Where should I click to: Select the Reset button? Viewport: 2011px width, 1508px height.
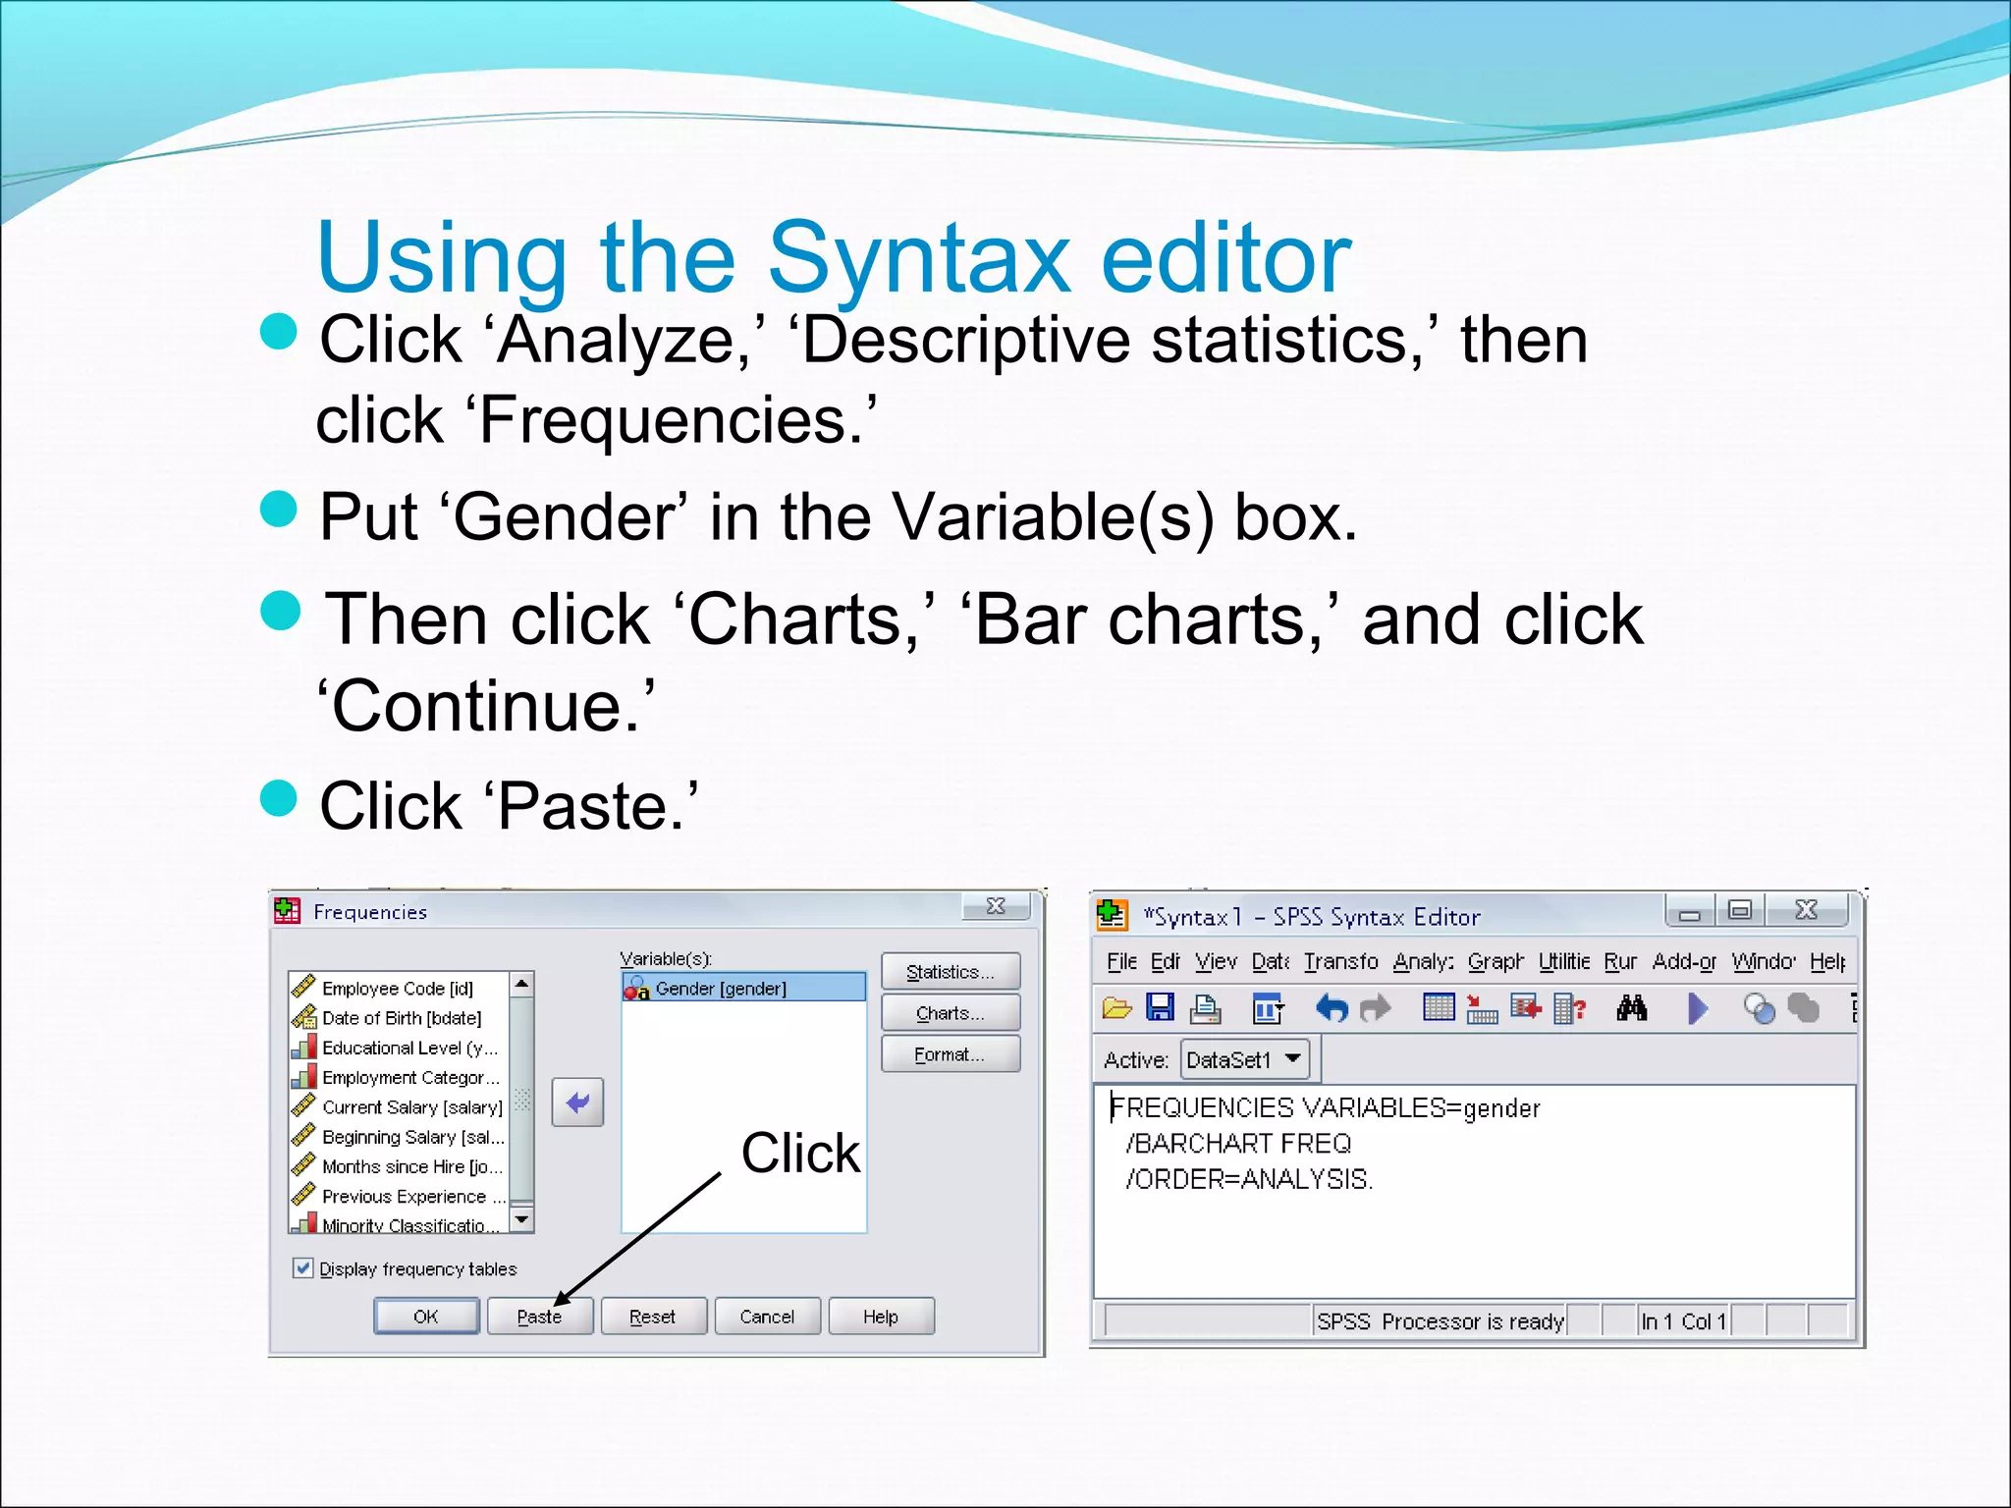click(653, 1317)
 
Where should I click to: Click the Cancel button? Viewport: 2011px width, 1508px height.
click(767, 1317)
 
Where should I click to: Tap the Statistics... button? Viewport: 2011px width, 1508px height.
click(950, 972)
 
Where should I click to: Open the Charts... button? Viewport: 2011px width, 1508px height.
click(950, 1013)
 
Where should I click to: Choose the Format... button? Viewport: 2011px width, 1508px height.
click(950, 1054)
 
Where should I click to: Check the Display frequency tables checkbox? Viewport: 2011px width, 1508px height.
click(303, 1267)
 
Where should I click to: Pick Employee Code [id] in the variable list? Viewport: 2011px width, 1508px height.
click(398, 989)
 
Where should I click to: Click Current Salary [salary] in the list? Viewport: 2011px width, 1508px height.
click(411, 1107)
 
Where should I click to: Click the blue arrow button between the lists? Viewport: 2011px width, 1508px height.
click(577, 1103)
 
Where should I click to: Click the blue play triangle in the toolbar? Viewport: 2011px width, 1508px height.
click(1697, 1008)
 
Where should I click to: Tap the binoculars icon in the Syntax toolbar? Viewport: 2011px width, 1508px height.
click(1631, 1008)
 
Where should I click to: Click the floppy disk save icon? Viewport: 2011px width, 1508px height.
click(1161, 1007)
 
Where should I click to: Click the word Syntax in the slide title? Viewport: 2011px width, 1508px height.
click(919, 258)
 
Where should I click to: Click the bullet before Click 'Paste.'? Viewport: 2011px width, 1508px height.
click(279, 797)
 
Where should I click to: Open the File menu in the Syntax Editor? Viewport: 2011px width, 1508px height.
click(1121, 961)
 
